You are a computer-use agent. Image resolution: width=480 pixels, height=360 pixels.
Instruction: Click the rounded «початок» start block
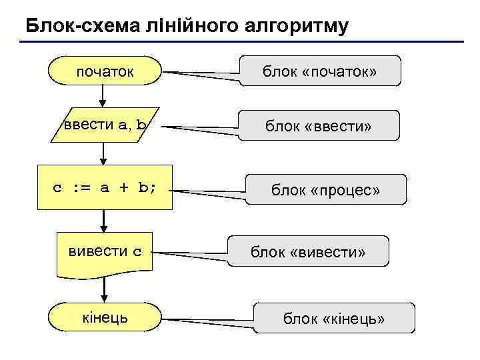coord(105,71)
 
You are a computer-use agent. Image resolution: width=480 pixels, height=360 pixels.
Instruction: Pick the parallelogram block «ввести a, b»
coord(105,125)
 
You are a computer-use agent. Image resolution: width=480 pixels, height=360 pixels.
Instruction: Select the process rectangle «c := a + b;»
coord(105,187)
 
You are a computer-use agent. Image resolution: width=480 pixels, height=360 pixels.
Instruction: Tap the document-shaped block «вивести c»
coord(105,252)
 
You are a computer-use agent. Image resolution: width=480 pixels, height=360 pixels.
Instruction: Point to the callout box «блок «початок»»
coord(321,71)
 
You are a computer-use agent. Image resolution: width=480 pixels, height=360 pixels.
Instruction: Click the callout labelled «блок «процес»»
coord(325,190)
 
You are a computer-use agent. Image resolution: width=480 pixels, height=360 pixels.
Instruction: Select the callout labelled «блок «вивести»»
coord(308,252)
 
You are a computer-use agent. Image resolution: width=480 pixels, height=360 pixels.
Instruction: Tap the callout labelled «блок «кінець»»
coord(334,319)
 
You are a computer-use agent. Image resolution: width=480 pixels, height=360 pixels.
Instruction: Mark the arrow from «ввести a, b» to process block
coord(105,153)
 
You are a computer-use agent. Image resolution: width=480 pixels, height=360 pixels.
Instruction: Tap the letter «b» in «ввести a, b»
coord(142,125)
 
